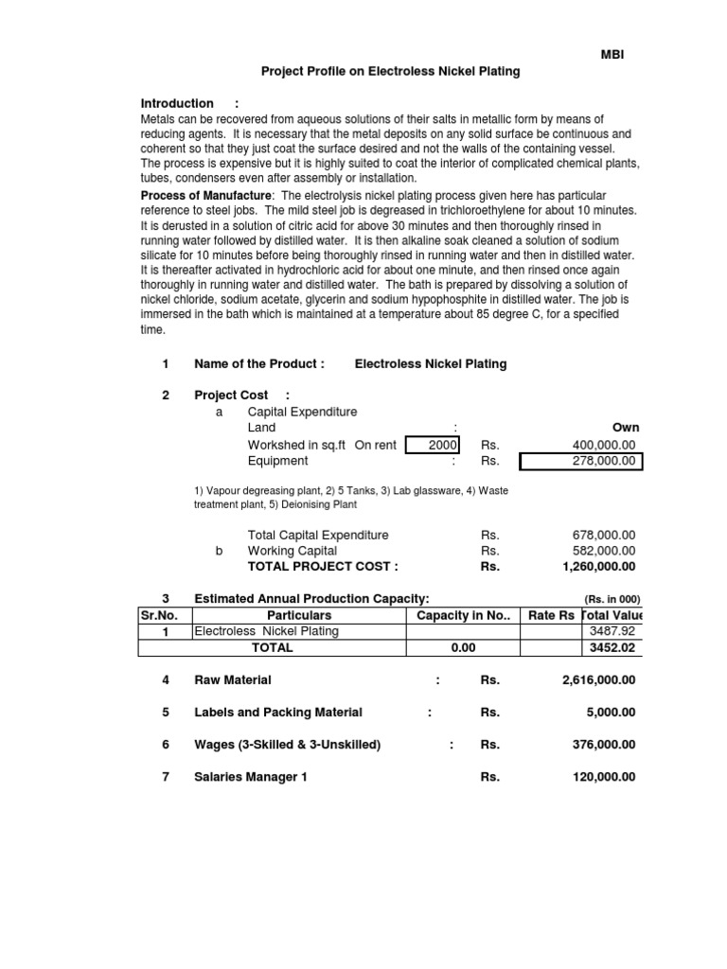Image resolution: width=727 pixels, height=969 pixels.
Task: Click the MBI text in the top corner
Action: point(612,55)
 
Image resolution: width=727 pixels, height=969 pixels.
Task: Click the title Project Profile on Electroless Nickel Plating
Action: point(390,72)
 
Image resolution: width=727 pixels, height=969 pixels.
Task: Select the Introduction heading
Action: point(177,103)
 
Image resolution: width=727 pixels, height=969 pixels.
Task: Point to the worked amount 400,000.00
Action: point(604,445)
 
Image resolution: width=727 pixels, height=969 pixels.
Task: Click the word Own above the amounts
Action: point(626,428)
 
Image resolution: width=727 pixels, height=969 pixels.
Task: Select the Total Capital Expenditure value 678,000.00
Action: point(604,535)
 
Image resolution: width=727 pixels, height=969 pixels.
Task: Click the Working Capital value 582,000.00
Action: point(604,551)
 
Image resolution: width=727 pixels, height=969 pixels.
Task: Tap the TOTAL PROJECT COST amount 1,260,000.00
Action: point(599,567)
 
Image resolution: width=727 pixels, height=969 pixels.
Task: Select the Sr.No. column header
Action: point(158,616)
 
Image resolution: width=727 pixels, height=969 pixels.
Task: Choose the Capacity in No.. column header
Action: point(463,616)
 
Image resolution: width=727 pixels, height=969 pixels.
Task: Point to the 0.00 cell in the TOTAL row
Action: point(463,648)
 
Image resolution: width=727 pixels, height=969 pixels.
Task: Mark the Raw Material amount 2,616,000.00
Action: point(599,680)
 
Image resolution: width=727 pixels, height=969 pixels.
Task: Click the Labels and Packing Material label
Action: point(277,713)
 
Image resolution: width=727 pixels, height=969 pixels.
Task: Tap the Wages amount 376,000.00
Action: point(604,745)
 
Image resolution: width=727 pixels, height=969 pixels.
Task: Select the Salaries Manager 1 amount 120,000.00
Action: point(604,777)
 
